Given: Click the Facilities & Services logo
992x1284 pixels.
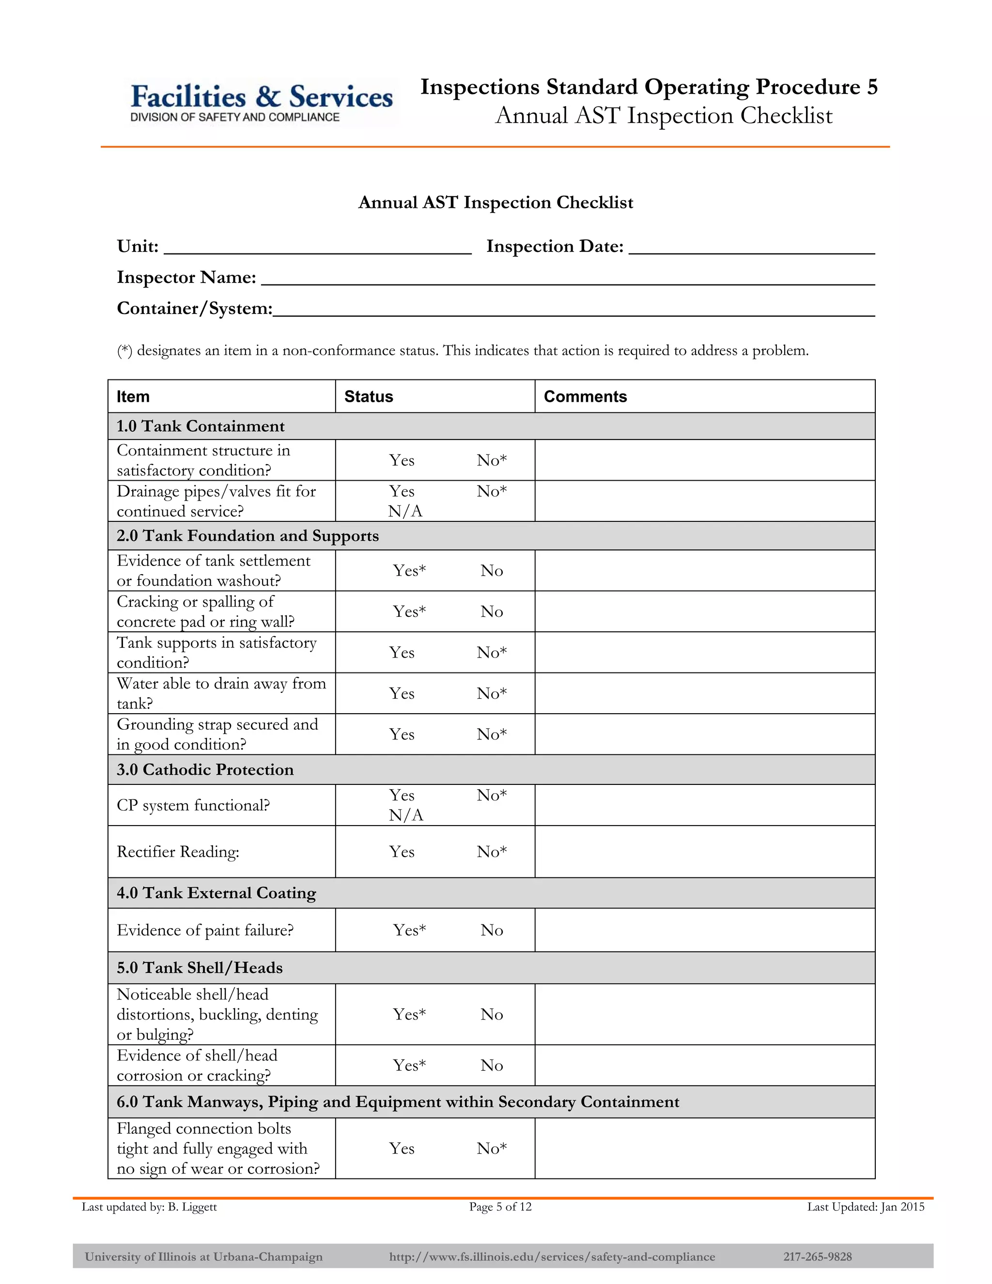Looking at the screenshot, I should [262, 102].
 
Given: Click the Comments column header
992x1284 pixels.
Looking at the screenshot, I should [585, 397].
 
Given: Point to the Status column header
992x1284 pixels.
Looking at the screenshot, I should [369, 397].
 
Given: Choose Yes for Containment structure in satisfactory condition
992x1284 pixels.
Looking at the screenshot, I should [402, 460].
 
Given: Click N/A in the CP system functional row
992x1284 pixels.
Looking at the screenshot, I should [405, 815].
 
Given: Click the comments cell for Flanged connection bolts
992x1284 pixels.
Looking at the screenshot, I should [705, 1148].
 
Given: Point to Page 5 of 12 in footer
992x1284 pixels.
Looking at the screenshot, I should [500, 1207].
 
